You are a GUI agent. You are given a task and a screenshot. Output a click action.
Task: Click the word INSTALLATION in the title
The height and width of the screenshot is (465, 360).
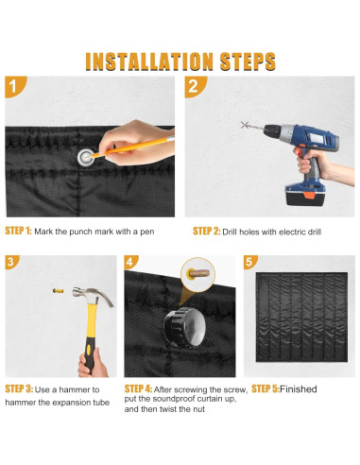tap(149, 61)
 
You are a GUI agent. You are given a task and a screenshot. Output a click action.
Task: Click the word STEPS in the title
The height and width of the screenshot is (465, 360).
tap(248, 61)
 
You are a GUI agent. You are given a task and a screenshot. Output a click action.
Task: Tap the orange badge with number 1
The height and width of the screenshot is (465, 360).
tap(14, 86)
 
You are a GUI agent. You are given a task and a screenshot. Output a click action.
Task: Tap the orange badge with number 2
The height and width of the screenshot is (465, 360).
tap(194, 86)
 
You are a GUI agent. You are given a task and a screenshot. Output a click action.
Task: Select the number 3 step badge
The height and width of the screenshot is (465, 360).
tap(11, 262)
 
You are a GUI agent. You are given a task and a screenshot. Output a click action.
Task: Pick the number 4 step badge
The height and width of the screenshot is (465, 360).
tap(130, 262)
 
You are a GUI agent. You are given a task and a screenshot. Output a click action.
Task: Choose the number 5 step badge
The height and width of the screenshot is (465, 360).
tap(249, 262)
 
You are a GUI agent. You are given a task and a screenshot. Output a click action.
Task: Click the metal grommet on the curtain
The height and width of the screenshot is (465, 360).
tap(86, 157)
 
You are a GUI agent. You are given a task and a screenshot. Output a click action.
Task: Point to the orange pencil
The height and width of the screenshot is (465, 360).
tap(132, 147)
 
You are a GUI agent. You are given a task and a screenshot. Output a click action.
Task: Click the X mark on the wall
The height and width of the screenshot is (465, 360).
tap(245, 125)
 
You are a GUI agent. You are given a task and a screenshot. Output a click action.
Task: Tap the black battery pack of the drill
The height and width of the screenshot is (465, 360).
tap(304, 197)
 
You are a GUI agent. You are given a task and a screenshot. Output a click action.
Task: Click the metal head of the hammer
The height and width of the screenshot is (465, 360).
tap(93, 296)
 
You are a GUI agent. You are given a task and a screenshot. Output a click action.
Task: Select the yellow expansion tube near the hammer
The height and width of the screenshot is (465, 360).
tap(59, 291)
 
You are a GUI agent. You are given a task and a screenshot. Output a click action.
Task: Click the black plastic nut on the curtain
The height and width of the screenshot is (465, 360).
tap(184, 327)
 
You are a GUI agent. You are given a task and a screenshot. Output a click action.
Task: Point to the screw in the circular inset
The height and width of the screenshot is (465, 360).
tap(198, 273)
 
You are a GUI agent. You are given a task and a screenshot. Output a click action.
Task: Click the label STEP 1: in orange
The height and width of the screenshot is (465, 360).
tap(18, 231)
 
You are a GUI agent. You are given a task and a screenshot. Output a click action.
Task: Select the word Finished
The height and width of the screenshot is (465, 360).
tap(299, 389)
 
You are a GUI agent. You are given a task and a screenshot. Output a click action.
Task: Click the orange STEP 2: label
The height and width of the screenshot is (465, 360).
tap(207, 232)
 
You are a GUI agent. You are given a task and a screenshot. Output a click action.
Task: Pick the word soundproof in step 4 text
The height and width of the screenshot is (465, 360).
tap(176, 399)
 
